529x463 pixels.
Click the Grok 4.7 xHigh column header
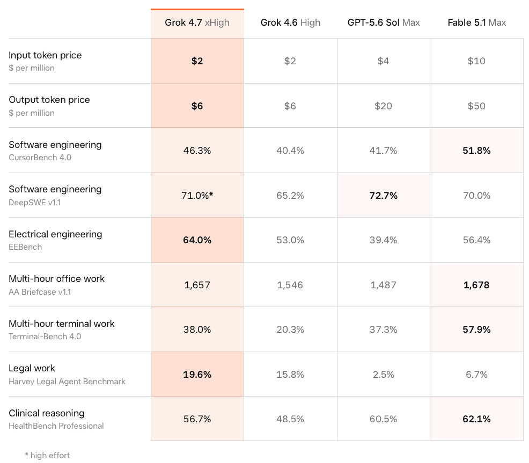[x=197, y=23]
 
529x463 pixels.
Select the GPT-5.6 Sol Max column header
[x=384, y=23]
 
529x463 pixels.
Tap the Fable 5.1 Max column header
[x=477, y=23]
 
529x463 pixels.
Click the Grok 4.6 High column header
[x=290, y=23]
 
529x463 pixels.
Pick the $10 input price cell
[x=476, y=61]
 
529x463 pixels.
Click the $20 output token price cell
[x=383, y=106]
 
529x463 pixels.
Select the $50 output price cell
[x=476, y=106]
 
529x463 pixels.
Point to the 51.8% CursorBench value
[x=476, y=150]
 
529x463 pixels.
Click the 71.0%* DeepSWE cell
[x=197, y=196]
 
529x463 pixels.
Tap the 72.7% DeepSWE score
[x=383, y=196]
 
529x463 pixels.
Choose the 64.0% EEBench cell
[x=197, y=240]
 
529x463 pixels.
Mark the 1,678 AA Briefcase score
[x=476, y=285]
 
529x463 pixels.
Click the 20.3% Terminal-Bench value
[x=290, y=329]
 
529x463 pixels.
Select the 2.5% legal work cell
[x=383, y=375]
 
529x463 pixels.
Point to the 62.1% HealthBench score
[x=476, y=419]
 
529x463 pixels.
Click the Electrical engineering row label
[x=55, y=234]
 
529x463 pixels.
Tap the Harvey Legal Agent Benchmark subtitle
[x=67, y=382]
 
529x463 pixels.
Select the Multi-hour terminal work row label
[x=61, y=324]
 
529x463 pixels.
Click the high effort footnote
[x=47, y=455]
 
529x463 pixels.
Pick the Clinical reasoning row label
[x=47, y=413]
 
